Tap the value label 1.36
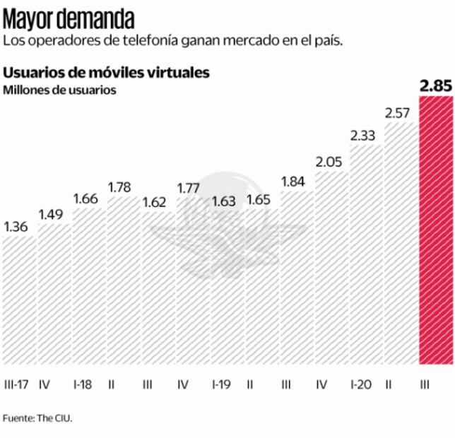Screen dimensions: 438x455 pyautogui.click(x=16, y=227)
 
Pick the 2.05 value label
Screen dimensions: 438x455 pyautogui.click(x=329, y=162)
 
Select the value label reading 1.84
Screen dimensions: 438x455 pyautogui.click(x=295, y=182)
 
